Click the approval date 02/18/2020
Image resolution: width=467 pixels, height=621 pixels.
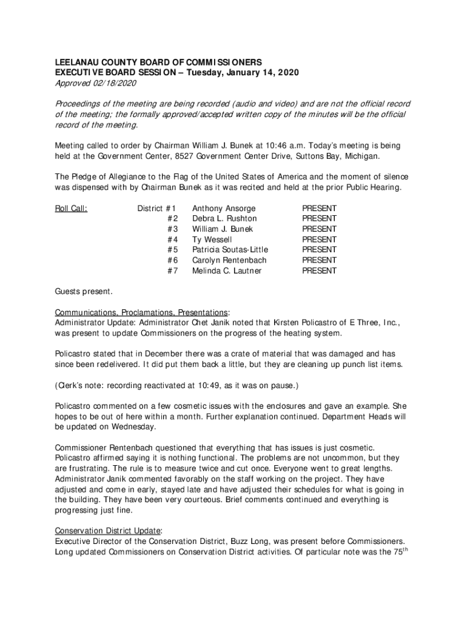click(116, 83)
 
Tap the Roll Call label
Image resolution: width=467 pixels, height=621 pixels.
click(71, 208)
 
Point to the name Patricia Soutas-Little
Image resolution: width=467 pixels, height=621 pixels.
click(230, 250)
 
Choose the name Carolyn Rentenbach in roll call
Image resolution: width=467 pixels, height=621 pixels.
click(229, 260)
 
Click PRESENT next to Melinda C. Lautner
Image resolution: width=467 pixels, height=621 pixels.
click(319, 271)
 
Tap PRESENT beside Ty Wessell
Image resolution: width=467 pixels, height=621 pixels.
click(319, 240)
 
